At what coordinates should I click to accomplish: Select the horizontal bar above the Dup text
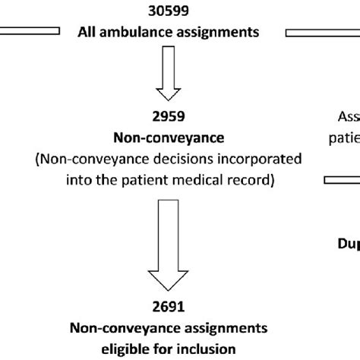[342, 180]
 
